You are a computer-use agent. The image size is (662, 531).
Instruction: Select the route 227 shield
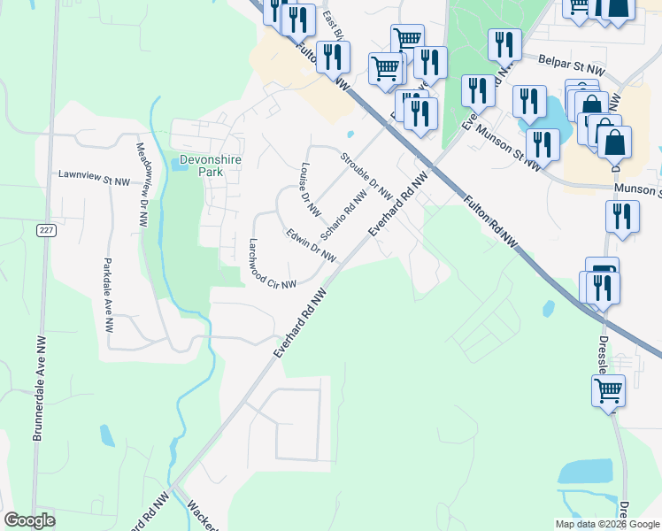46,230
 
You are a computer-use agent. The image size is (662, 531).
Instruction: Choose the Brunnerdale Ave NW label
39,389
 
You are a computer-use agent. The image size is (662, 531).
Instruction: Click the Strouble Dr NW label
366,175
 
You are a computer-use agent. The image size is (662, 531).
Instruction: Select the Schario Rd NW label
343,215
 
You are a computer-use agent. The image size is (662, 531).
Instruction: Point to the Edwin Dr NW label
311,246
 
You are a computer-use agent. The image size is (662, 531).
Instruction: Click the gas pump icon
602,270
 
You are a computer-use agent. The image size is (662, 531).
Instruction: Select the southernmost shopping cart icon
609,389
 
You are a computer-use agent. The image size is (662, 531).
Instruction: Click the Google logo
30,520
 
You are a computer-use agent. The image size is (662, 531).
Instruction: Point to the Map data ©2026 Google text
606,524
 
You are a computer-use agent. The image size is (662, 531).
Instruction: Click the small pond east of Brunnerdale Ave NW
107,435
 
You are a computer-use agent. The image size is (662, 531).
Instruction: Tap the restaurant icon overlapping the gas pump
604,288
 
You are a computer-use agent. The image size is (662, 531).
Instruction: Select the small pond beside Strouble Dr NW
351,135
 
